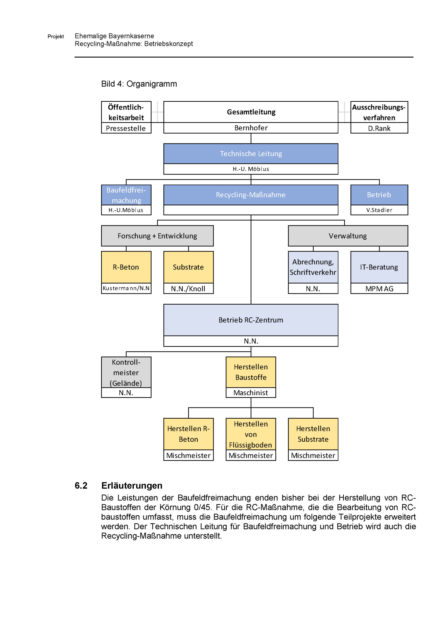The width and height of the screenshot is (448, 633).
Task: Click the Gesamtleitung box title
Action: point(251,112)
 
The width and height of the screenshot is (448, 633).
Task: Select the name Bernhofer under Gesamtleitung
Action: point(251,128)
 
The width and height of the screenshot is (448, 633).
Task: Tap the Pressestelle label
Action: point(126,129)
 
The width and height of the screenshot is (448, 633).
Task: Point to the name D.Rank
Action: point(379,129)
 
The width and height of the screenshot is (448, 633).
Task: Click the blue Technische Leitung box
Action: point(251,154)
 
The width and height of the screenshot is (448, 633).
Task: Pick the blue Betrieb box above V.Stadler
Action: point(379,195)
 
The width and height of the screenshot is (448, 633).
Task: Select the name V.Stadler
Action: point(379,210)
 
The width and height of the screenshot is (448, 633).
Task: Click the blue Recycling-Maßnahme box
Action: point(251,195)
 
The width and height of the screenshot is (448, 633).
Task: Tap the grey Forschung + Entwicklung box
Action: point(157,236)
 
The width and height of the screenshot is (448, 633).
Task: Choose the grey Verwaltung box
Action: point(348,236)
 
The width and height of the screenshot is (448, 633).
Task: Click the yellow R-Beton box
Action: point(126,267)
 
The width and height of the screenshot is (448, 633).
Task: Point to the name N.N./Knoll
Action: point(188,289)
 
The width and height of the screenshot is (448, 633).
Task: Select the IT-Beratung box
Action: point(379,267)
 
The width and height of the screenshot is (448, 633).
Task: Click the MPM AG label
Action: point(379,289)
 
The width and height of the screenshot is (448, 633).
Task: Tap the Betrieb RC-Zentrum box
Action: point(251,320)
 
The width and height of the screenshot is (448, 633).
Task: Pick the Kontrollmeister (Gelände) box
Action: point(126,372)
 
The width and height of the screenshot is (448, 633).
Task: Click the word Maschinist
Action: point(251,393)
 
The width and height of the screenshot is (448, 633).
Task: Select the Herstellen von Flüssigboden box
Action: point(251,434)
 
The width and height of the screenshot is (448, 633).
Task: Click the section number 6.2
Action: point(81,485)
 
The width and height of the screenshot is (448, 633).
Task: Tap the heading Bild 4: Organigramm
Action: point(139,84)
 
